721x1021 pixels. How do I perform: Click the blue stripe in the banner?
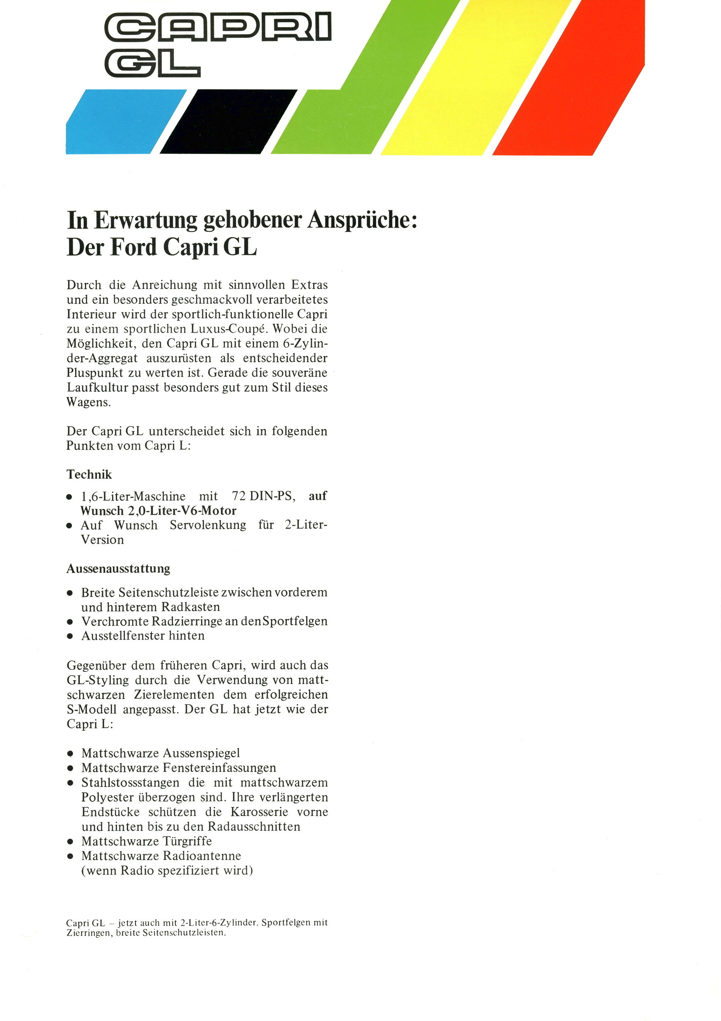pos(120,122)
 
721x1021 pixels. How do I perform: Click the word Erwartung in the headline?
pos(145,220)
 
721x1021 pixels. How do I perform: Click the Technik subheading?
pos(89,475)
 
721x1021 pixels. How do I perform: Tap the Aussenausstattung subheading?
pos(118,569)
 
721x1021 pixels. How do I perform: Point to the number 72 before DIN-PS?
pos(239,496)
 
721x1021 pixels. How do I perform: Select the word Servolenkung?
pos(208,525)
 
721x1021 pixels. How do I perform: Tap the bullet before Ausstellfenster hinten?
pos(70,636)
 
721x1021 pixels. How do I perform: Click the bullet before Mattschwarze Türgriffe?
pos(70,842)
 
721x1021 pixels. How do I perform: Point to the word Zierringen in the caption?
pos(88,933)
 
